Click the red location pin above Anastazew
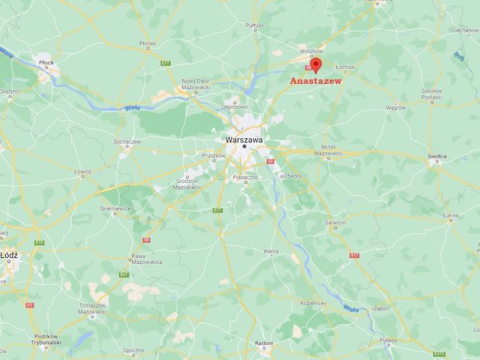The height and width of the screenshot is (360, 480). (x=316, y=64)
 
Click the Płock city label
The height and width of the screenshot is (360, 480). (x=46, y=65)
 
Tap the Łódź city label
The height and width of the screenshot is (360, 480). (x=10, y=255)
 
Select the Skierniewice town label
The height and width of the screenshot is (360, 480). (x=115, y=208)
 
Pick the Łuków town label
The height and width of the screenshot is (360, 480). (x=450, y=216)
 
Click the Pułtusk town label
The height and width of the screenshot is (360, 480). (x=255, y=25)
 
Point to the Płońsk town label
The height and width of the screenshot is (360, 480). (x=147, y=43)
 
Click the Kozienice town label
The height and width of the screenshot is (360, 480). (x=310, y=302)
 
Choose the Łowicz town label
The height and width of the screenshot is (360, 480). (x=82, y=171)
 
